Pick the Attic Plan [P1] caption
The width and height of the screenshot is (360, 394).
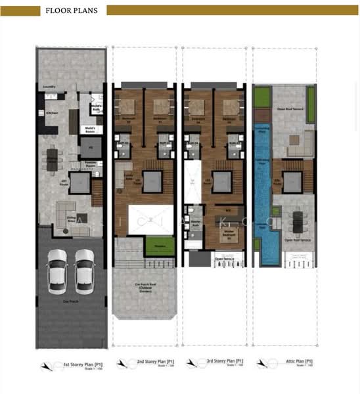pos(291,362)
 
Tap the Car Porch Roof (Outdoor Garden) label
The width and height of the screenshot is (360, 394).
pos(145,287)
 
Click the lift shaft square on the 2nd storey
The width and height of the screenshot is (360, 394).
pos(153,179)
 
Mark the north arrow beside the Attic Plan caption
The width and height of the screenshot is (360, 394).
pos(263,362)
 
